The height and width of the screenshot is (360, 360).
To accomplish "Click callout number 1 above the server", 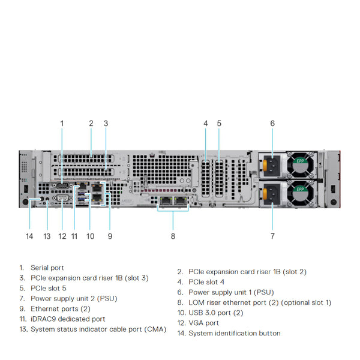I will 62,124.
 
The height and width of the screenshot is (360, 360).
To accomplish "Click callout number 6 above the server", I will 272,124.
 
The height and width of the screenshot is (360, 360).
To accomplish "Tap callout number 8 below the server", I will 173,236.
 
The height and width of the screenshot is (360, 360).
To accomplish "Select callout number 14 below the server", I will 29,236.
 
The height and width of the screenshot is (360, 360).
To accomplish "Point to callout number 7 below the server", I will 272,236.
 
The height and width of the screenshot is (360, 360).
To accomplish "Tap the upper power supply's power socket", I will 269,164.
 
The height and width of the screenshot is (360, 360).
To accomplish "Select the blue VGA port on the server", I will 62,196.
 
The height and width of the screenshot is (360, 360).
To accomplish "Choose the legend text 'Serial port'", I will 47,268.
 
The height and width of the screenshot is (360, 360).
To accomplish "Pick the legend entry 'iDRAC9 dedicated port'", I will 68,319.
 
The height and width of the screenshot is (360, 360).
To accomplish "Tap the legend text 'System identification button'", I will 234,334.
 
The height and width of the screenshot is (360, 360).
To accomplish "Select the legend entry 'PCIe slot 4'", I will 206,281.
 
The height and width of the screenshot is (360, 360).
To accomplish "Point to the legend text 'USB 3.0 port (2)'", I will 216,313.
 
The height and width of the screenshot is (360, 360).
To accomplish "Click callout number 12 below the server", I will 62,236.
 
